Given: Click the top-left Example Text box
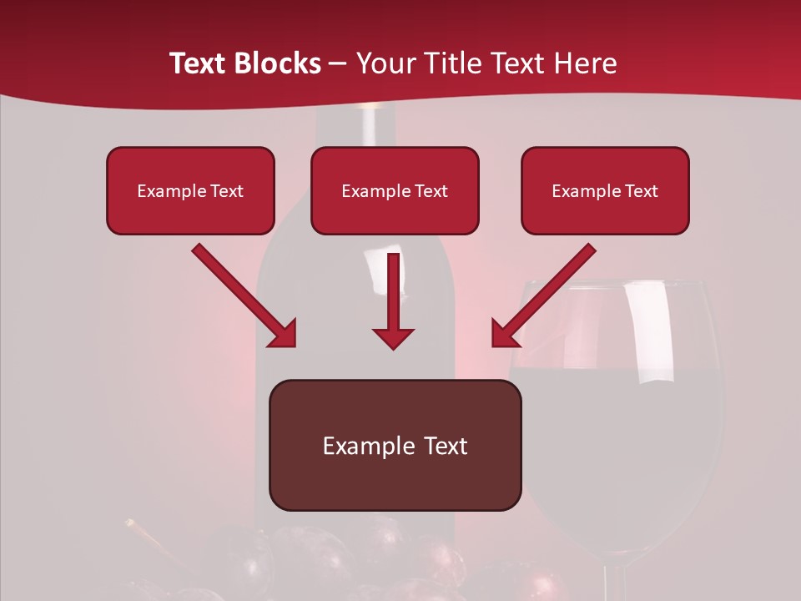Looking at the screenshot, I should tap(190, 191).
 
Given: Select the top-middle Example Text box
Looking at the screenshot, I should tap(395, 191).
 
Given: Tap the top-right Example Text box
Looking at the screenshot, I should tap(605, 191).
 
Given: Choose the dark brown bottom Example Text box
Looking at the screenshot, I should tap(395, 446).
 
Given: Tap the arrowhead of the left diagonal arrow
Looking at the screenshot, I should tap(283, 333).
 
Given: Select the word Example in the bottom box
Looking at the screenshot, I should tap(357, 446).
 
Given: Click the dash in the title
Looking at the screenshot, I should tap(338, 63).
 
